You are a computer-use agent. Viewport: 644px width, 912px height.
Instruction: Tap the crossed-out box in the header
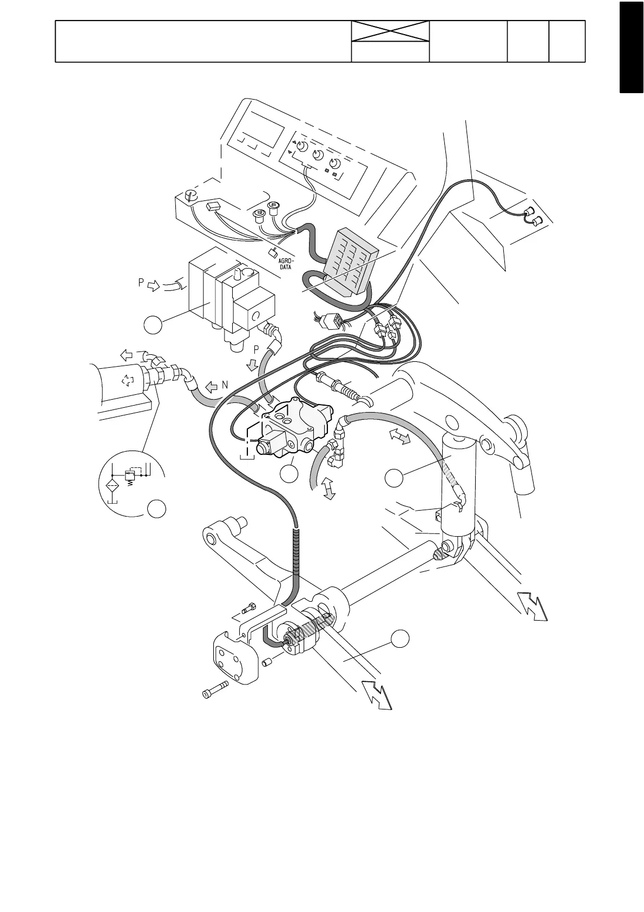tap(390, 31)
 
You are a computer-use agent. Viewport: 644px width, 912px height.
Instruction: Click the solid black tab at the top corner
tap(632, 48)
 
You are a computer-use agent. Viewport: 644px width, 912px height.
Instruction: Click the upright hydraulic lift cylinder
tap(459, 487)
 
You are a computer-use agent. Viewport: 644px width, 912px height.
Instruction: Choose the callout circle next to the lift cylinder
tap(395, 478)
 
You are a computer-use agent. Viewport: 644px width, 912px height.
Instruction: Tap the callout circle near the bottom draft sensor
tap(400, 639)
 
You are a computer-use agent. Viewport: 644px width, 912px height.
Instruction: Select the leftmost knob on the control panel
tap(303, 147)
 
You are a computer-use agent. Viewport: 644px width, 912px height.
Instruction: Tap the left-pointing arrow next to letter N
tap(210, 388)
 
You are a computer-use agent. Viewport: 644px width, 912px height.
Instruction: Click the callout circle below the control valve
tap(290, 474)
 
